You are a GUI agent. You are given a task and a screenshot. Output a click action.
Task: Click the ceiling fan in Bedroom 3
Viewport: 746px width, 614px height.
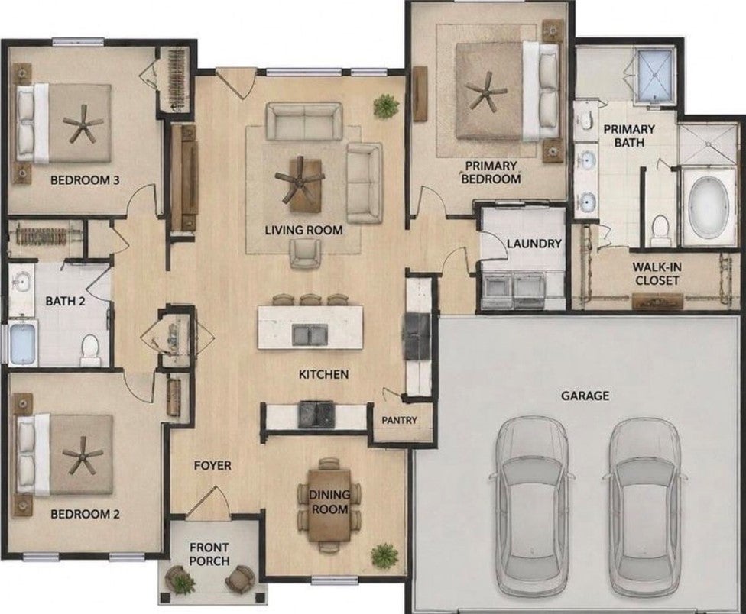pyautogui.click(x=83, y=124)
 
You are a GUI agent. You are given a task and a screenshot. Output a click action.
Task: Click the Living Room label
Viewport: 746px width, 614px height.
pyautogui.click(x=303, y=231)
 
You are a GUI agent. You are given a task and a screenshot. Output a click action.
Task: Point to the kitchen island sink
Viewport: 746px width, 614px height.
pyautogui.click(x=310, y=334)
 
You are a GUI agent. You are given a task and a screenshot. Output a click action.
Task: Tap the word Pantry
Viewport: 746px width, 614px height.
pyautogui.click(x=399, y=420)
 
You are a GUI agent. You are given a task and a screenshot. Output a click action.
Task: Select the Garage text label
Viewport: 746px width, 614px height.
pyautogui.click(x=585, y=396)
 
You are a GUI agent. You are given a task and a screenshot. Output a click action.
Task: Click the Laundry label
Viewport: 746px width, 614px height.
pyautogui.click(x=534, y=244)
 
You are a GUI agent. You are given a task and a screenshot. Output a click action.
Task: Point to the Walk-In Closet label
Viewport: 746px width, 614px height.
pyautogui.click(x=657, y=273)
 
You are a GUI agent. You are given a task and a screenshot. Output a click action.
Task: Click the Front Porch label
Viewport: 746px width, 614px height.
pyautogui.click(x=209, y=554)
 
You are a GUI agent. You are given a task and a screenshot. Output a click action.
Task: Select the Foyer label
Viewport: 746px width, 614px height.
pyautogui.click(x=212, y=465)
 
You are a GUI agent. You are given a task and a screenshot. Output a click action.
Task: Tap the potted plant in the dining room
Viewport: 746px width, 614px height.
pyautogui.click(x=384, y=554)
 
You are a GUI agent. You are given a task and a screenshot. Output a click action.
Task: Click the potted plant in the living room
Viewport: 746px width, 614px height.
pyautogui.click(x=386, y=105)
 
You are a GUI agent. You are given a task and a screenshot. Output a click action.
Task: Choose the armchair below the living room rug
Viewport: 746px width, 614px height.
pyautogui.click(x=305, y=254)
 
